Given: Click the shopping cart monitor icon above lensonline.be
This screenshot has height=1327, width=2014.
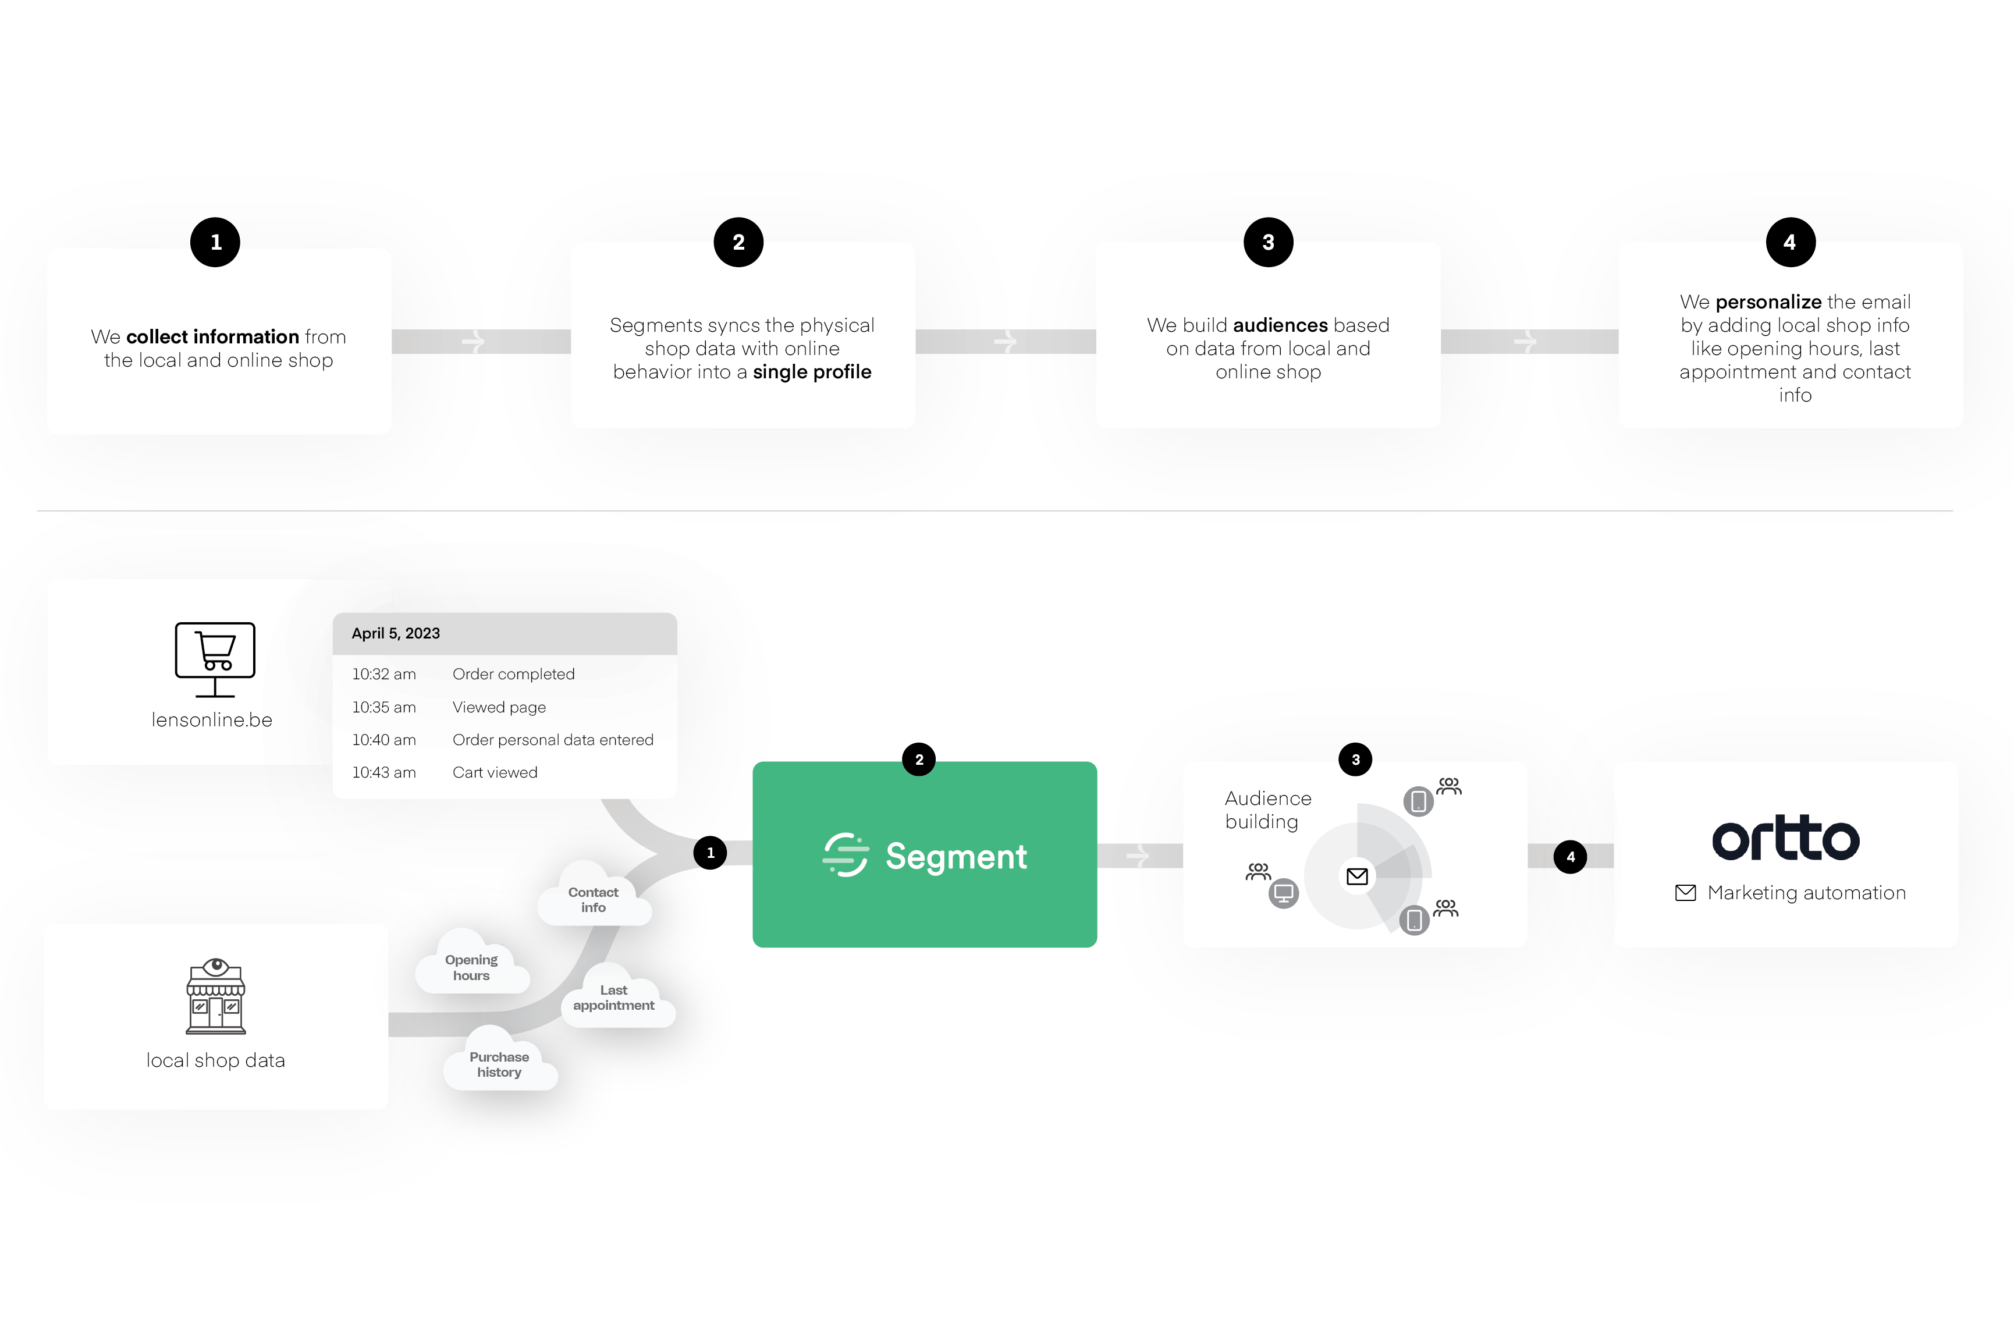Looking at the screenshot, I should click(x=215, y=658).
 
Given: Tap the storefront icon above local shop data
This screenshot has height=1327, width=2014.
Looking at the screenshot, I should click(x=216, y=996).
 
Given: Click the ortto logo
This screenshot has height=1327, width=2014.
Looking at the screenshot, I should click(x=1785, y=839).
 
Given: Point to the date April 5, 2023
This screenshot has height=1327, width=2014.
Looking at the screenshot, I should click(x=396, y=633).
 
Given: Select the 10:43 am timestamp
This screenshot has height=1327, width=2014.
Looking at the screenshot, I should click(x=384, y=772).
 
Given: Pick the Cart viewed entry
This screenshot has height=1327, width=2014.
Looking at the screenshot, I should click(x=495, y=772).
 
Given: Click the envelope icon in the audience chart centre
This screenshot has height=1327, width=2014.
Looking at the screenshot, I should click(x=1356, y=876).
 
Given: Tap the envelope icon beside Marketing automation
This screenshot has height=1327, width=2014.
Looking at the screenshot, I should click(x=1685, y=893).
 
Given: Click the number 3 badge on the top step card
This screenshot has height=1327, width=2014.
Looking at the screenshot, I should click(x=1267, y=243).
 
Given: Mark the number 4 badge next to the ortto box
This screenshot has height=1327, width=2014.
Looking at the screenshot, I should click(x=1571, y=857).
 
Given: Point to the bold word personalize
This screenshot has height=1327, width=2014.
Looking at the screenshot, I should click(x=1768, y=302).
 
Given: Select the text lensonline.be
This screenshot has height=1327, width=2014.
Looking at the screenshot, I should click(x=212, y=719).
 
